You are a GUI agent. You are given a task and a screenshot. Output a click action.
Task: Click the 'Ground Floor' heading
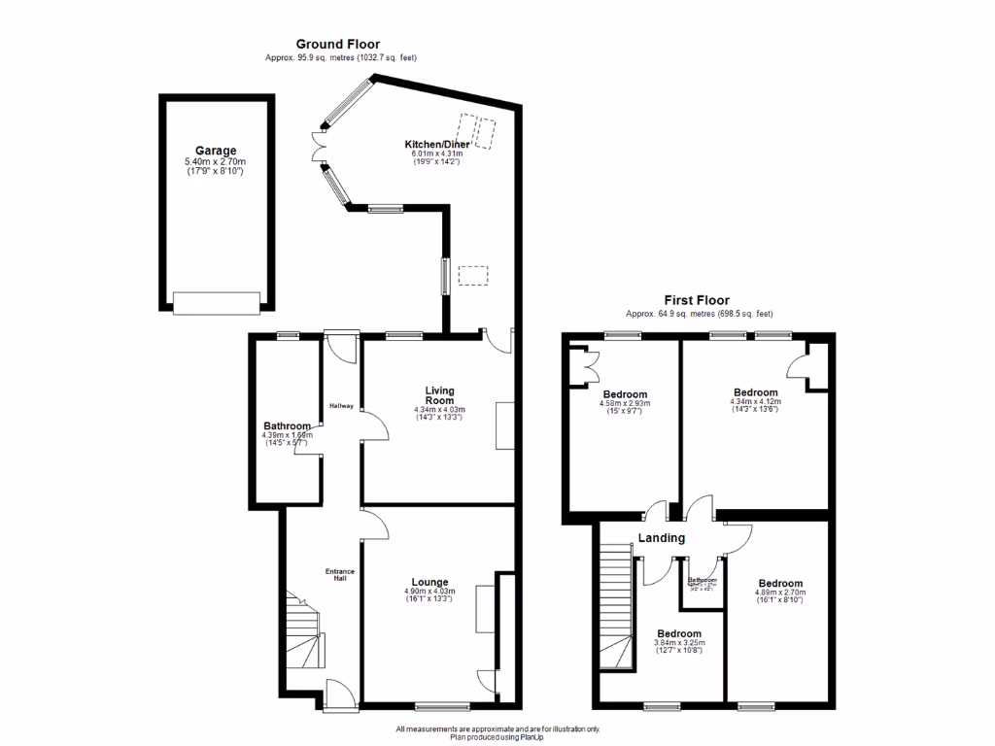pos(337,44)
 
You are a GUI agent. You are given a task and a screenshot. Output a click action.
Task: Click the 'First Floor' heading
pos(697,300)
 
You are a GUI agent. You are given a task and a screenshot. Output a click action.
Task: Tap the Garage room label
pos(216,151)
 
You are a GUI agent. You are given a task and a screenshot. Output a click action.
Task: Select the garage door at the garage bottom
pos(217,304)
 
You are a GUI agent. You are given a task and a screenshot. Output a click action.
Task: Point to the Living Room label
pos(439,395)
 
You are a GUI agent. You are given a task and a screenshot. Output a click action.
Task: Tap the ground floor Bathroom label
pos(287,425)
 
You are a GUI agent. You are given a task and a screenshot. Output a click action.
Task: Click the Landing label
pos(662,538)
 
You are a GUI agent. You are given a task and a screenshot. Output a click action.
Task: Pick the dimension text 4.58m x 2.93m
pos(624,403)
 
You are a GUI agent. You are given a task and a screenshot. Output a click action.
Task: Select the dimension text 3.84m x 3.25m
pos(677,643)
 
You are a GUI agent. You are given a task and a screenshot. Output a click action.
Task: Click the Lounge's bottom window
pos(443,706)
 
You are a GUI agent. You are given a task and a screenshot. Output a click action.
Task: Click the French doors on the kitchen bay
pos(318,148)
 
